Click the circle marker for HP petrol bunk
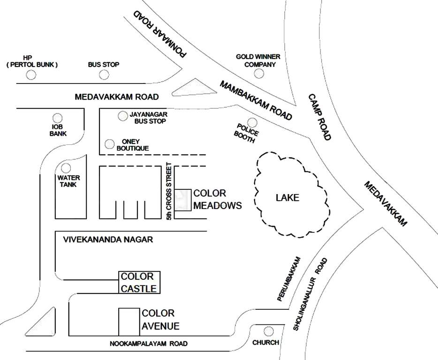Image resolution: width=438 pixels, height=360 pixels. [x=31, y=75]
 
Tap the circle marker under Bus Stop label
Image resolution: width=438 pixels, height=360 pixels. [x=104, y=75]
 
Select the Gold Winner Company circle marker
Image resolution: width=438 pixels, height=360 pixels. [x=258, y=74]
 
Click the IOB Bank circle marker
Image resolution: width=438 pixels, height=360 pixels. [x=58, y=118]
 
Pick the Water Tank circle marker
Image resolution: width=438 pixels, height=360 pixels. [x=66, y=168]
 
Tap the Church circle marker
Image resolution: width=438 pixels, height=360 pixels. [x=269, y=331]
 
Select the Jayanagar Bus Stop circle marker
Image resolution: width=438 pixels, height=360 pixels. [x=122, y=115]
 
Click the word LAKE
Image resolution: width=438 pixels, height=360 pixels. [x=287, y=197]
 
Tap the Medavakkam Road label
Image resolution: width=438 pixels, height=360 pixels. [x=117, y=97]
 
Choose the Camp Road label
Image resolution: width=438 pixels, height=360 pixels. [x=320, y=117]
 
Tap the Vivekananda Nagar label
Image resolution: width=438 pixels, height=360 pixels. [x=108, y=240]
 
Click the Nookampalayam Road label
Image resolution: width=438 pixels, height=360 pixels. [x=149, y=344]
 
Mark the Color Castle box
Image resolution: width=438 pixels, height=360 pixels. [x=139, y=282]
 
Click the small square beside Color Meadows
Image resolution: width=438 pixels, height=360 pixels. [x=183, y=200]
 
